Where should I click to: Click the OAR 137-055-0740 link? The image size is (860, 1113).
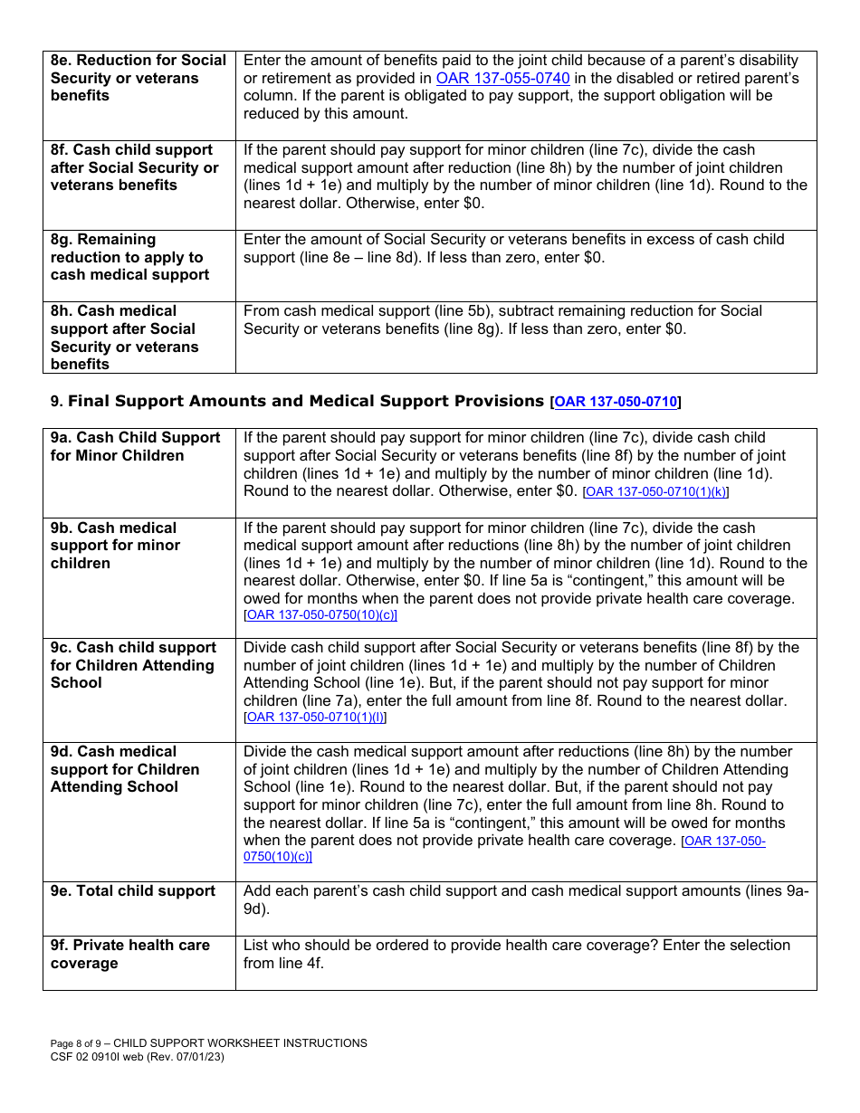502,79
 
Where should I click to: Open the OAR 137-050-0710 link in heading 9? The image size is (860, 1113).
616,402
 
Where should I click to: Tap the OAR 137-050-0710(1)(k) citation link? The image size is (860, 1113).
655,492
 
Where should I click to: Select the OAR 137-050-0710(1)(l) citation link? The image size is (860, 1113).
316,718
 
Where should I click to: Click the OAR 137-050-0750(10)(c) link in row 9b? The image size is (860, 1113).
321,615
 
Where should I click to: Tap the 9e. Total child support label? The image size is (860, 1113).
132,891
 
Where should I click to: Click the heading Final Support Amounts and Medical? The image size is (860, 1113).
306,401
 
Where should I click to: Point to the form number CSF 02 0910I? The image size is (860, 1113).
89,1057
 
